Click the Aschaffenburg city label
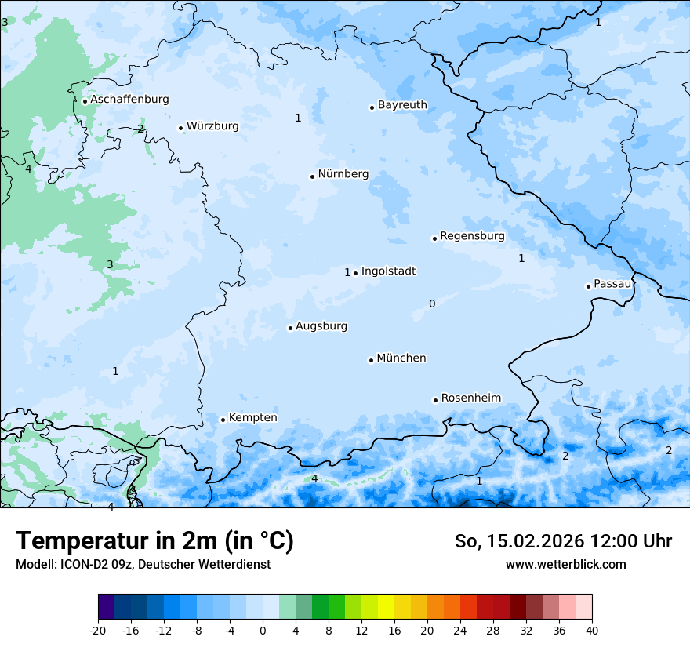pos(129,100)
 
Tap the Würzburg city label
pos(212,126)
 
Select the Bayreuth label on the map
pos(402,105)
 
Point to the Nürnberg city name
pos(343,174)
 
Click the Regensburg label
pos(472,236)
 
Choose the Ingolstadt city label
pos(388,271)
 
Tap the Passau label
pos(612,284)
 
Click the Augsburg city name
pos(321,326)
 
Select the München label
pos(401,358)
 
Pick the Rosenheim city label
pos(470,398)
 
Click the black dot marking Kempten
pos(223,420)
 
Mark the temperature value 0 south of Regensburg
pos(432,304)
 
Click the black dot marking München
pos(371,360)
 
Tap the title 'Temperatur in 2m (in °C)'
pos(154,541)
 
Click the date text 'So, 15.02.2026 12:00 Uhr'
pos(563,541)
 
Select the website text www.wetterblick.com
pos(565,565)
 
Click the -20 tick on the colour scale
pos(98,630)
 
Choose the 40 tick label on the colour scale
pos(591,630)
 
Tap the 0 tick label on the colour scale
pos(263,630)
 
